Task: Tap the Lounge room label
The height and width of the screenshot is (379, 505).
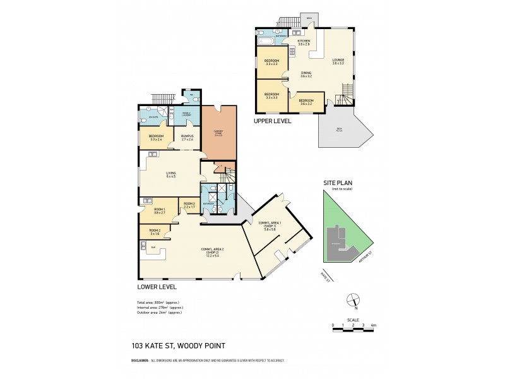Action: [x=338, y=62]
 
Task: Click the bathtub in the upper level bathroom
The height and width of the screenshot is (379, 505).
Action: [x=264, y=42]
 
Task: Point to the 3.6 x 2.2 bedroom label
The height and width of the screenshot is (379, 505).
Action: [x=306, y=102]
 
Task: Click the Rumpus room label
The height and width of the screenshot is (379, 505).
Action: [x=187, y=137]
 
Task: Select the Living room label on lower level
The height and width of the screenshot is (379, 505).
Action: [x=170, y=174]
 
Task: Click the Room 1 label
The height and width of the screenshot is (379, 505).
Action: [x=158, y=211]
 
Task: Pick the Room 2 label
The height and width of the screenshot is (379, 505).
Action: [x=146, y=232]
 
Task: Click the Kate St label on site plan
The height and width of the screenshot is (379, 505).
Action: [x=325, y=275]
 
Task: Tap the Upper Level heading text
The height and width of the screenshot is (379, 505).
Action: [x=272, y=120]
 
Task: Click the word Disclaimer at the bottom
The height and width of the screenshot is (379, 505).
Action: [x=140, y=360]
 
